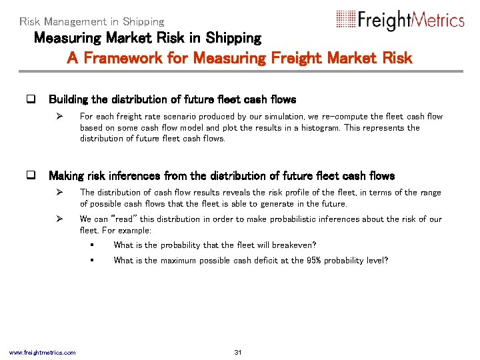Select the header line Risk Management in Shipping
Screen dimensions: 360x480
pos(91,21)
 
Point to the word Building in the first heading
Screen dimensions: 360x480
pos(69,99)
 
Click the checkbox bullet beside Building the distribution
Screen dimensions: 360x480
pos(30,99)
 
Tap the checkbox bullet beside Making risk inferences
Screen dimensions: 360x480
pos(30,176)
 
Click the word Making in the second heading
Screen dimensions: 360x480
pos(67,176)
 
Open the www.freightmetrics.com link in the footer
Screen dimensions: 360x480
pos(42,352)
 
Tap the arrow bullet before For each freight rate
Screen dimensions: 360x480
pos(59,116)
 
